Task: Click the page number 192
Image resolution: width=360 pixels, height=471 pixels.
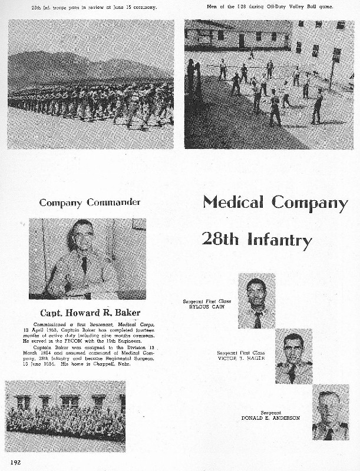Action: point(15,462)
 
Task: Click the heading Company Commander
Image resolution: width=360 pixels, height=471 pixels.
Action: point(90,203)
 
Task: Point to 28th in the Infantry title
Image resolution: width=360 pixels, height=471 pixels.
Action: point(220,238)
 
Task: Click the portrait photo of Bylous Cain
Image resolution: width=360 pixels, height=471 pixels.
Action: point(256,301)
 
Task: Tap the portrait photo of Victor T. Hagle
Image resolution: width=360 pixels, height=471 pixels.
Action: point(293,356)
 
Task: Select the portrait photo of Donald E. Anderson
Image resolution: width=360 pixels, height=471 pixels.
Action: point(331,412)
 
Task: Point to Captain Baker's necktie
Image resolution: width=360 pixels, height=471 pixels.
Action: point(84,264)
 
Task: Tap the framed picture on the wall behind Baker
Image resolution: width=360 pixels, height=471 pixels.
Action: point(139,224)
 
